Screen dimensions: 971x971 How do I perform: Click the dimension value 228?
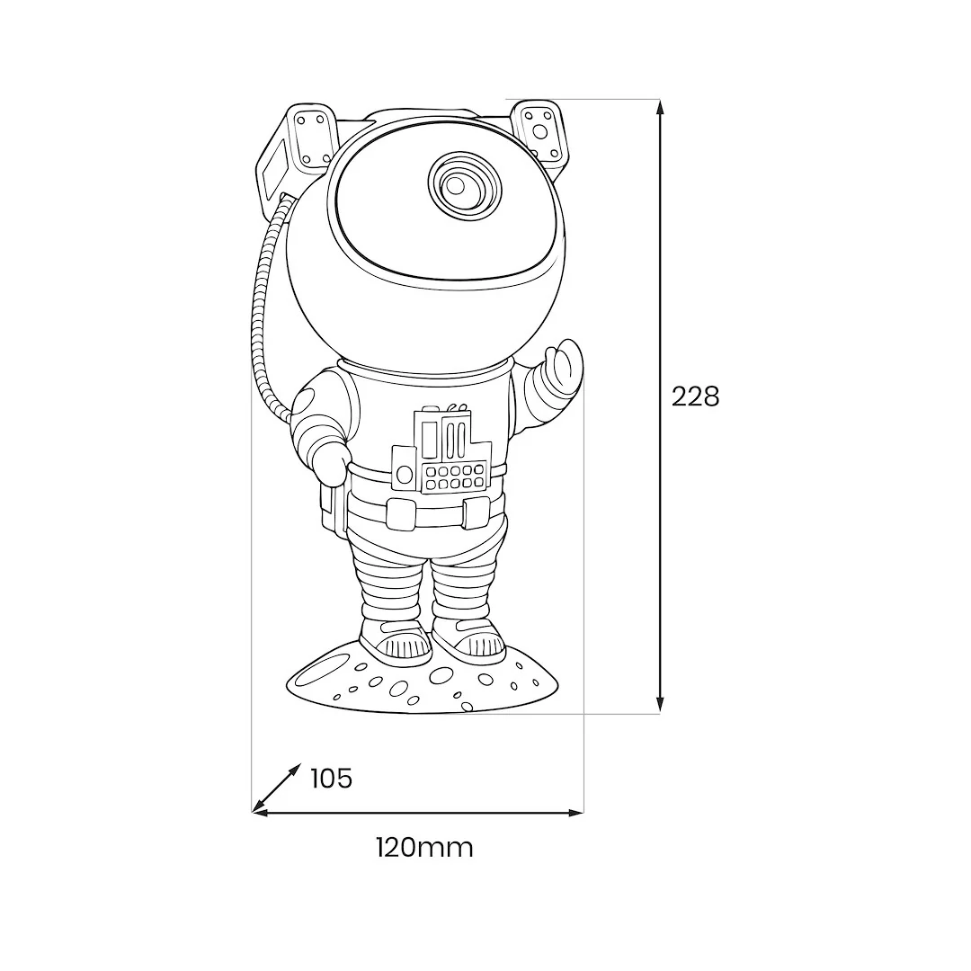695,397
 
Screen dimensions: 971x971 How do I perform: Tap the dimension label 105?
331,779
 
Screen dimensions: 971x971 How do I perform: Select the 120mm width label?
424,848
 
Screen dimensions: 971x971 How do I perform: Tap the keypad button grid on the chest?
455,477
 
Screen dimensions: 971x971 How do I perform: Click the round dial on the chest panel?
404,475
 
